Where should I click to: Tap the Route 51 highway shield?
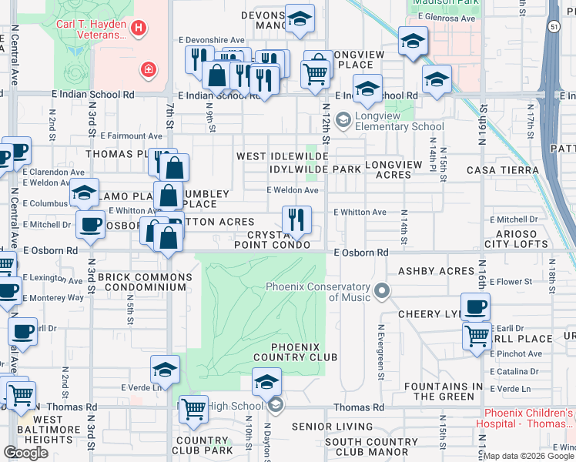click(554, 26)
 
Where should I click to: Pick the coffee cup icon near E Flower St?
click(475, 306)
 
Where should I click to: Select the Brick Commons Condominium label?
click(146, 282)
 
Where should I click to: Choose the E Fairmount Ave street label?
click(134, 136)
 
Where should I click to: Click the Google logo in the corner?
click(25, 453)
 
